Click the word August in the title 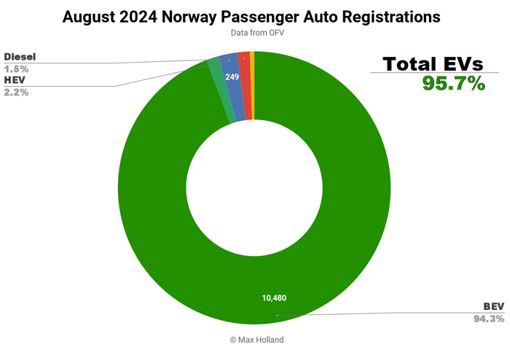[94, 17]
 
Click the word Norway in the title [208, 17]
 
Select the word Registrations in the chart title [393, 17]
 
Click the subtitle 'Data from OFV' [254, 33]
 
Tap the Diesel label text [21, 57]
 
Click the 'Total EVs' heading [433, 64]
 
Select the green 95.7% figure [453, 83]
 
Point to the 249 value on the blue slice [232, 76]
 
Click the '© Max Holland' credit [254, 340]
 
